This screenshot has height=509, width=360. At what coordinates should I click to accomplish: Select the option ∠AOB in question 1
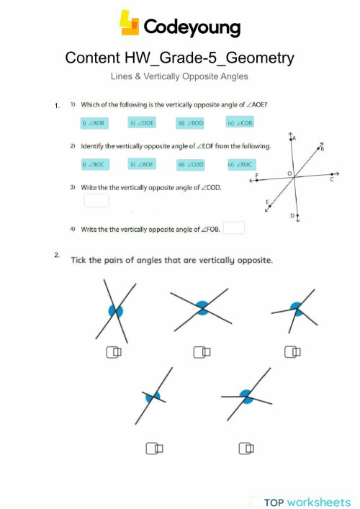point(94,123)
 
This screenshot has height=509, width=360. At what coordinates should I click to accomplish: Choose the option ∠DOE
point(142,123)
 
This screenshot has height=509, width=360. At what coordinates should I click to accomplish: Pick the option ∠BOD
point(191,123)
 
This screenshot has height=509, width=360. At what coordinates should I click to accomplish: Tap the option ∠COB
point(240,123)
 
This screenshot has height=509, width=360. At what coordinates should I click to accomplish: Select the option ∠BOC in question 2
point(94,165)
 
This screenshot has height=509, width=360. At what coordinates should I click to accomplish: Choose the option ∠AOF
point(142,165)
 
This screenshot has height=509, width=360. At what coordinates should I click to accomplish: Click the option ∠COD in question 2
point(191,165)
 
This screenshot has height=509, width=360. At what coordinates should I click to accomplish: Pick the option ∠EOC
point(240,165)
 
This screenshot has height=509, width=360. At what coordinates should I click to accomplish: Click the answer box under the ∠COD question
point(96,200)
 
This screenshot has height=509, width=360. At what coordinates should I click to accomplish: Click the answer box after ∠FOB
point(234,228)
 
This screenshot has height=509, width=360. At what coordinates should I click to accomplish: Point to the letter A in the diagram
point(295,138)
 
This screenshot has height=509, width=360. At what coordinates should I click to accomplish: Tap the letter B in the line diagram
point(322,148)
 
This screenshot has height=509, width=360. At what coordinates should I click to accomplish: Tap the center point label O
point(289,174)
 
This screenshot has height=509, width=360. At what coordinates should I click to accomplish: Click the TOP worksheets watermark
point(306,501)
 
